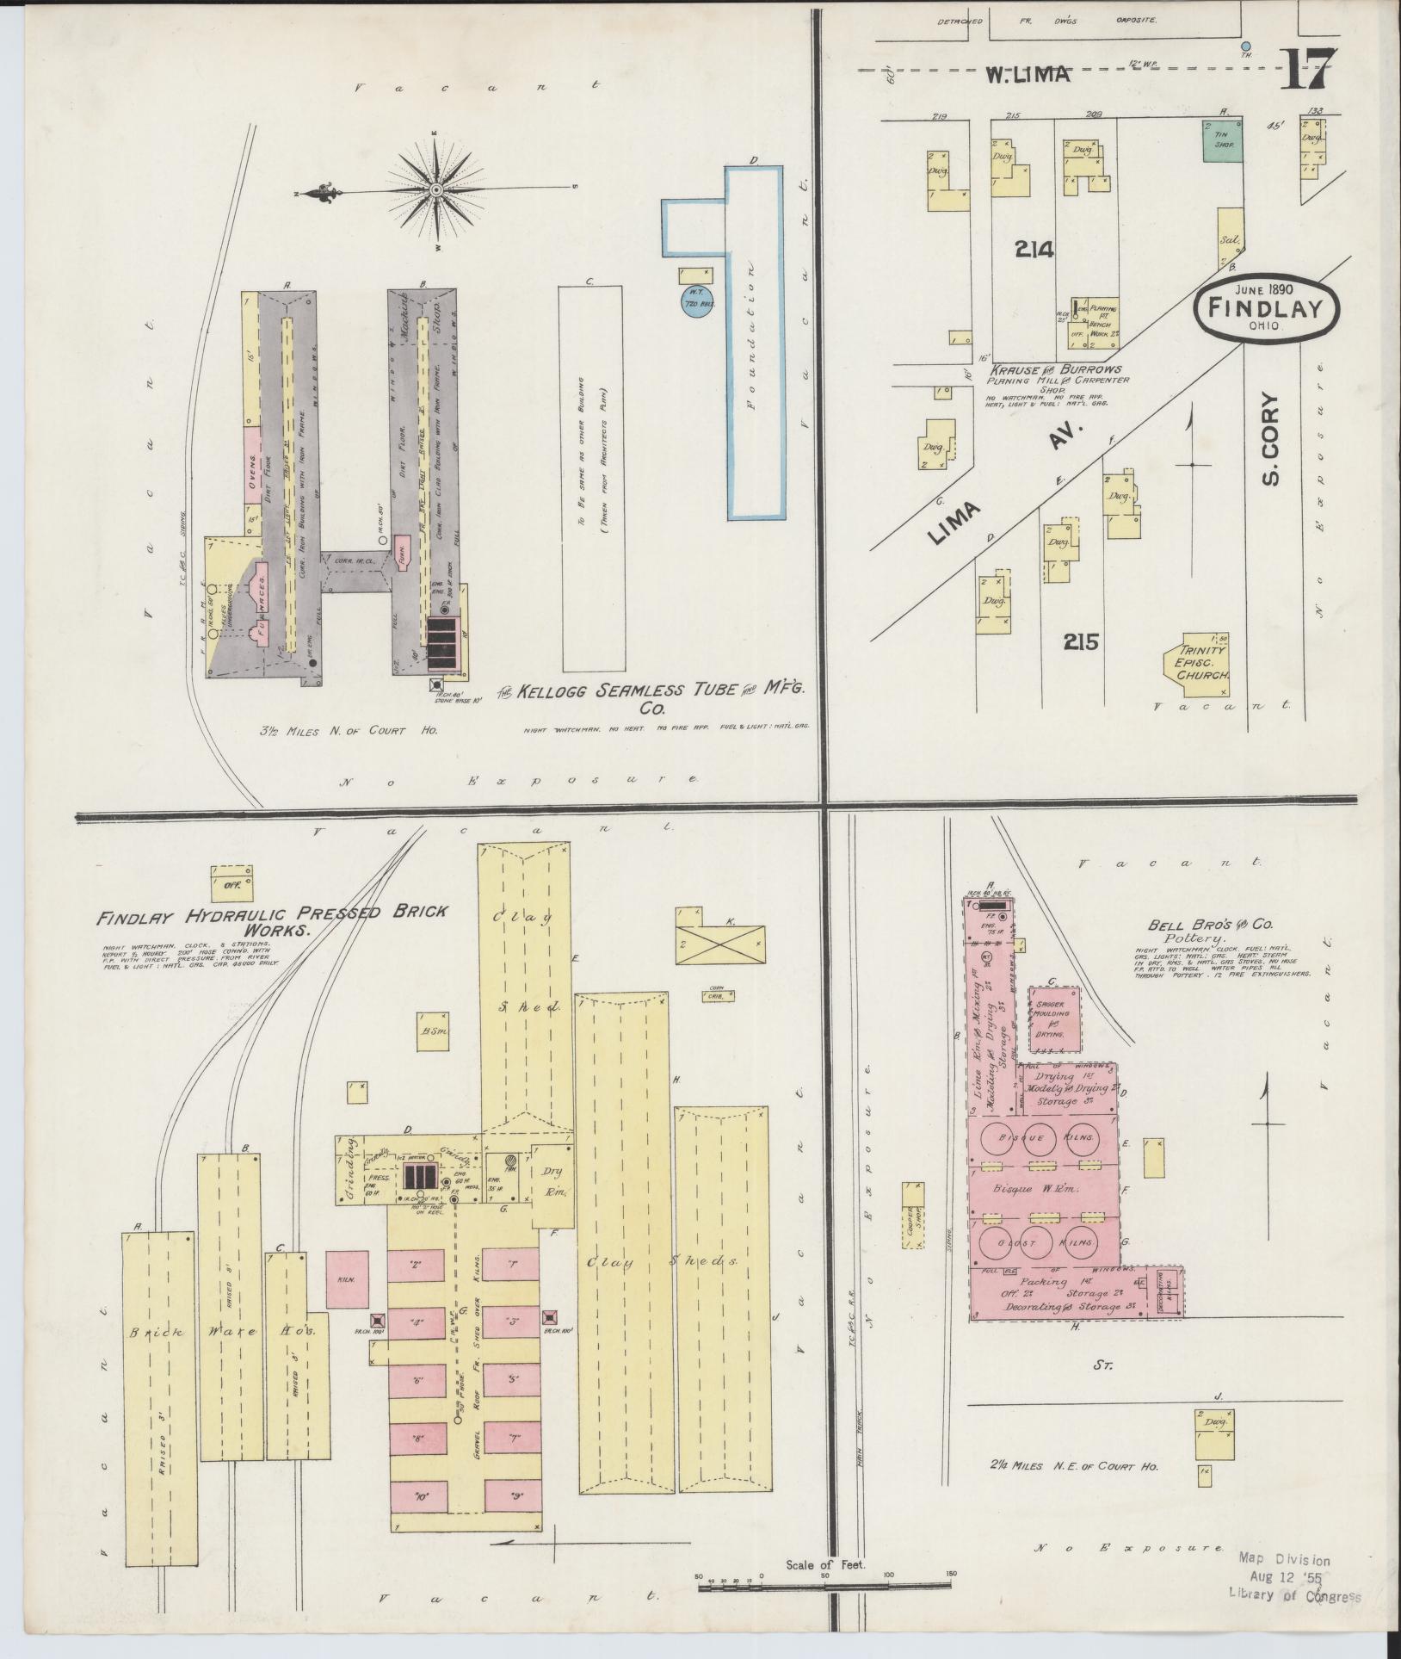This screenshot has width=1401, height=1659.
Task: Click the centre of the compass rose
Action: pos(436,189)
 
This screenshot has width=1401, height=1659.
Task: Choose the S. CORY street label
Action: pos(1271,439)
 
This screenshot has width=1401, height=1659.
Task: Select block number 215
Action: pos(1081,641)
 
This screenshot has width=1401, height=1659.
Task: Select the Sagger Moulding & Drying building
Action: pos(1055,1018)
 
